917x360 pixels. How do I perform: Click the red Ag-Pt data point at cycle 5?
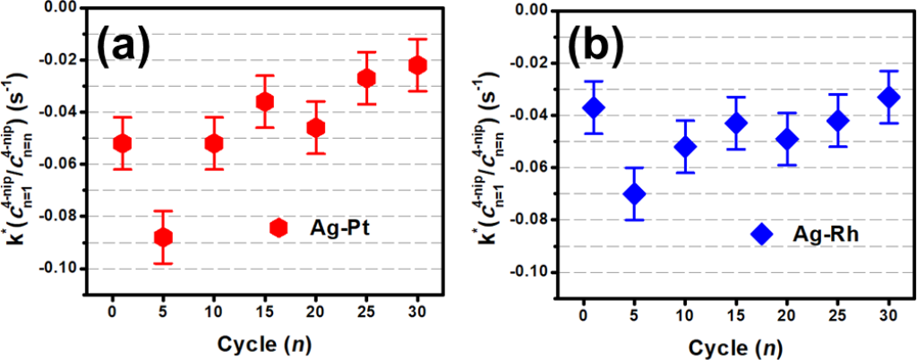(x=163, y=237)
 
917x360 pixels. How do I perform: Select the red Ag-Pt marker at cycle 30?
(x=417, y=65)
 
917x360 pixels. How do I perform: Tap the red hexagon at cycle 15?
(x=265, y=101)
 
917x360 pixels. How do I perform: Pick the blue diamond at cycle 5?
(x=634, y=193)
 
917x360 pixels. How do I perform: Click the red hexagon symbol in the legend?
(x=279, y=228)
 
